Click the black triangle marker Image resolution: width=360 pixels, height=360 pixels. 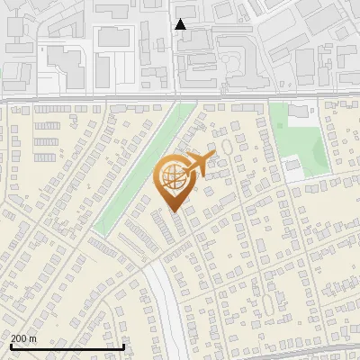[180, 24]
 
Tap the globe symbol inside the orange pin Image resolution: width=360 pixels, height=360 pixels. [175, 177]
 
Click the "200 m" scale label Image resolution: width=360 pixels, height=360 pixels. [23, 338]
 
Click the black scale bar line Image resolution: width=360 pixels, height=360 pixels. [67, 346]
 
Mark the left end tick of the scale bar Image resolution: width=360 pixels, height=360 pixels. [12, 345]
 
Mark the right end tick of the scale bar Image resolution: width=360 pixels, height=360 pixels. [124, 345]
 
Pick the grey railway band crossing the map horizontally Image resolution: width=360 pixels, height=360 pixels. [180, 96]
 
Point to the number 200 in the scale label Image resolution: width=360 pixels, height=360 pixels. [19, 338]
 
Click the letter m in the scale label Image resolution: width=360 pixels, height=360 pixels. [33, 338]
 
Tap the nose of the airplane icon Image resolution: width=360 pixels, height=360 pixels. [213, 157]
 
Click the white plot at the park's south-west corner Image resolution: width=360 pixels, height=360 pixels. [292, 166]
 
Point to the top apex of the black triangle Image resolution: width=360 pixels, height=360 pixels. [180, 19]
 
